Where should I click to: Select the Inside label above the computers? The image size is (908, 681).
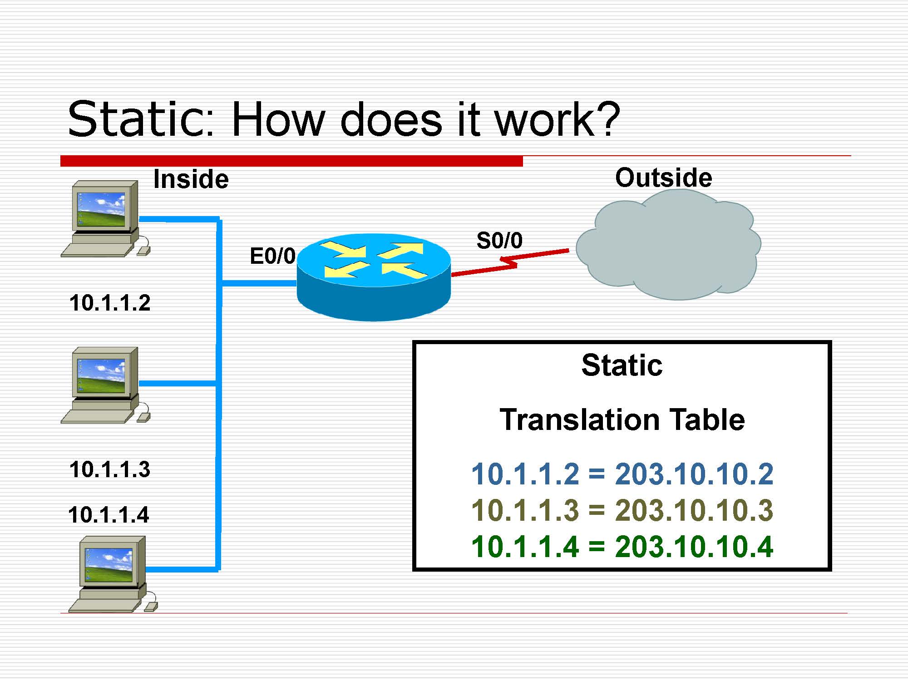click(191, 179)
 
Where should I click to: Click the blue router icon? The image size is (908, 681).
click(374, 277)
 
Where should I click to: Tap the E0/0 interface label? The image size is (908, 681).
click(273, 256)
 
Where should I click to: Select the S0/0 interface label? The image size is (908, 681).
click(499, 240)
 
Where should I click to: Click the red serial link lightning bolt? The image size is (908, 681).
click(510, 262)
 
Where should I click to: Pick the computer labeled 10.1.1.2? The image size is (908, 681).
click(106, 219)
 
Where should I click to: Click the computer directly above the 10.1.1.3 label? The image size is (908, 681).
click(106, 385)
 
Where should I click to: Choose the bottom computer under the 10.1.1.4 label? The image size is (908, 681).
click(113, 574)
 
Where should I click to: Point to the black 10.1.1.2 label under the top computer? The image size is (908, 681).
click(110, 303)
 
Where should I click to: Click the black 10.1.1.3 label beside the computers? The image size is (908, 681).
click(110, 469)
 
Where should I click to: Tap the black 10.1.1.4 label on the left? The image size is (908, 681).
click(109, 515)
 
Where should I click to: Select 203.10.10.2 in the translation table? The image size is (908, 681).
click(694, 474)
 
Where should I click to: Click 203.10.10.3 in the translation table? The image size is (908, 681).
click(694, 510)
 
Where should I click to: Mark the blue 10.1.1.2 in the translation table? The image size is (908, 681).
click(525, 474)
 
